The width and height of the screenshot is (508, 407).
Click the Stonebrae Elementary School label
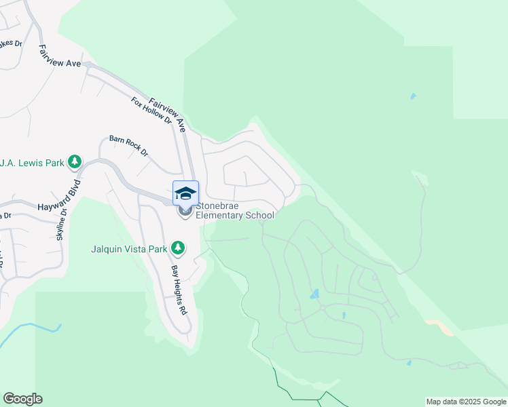pos(235,210)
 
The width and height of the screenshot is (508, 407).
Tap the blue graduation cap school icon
pos(185,194)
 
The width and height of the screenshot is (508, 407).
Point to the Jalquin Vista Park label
pos(129,249)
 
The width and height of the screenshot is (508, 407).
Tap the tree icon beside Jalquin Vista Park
pos(178,248)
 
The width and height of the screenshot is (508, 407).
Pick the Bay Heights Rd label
pos(179,290)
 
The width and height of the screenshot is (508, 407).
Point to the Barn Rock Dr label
pos(128,146)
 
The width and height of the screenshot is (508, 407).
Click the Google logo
pos(23,399)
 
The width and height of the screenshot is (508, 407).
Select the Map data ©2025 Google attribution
pos(466,402)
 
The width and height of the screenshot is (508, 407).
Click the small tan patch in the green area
pos(441,327)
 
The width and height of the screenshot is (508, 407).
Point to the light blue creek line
pos(31,328)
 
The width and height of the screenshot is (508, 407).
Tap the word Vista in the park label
pos(138,249)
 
